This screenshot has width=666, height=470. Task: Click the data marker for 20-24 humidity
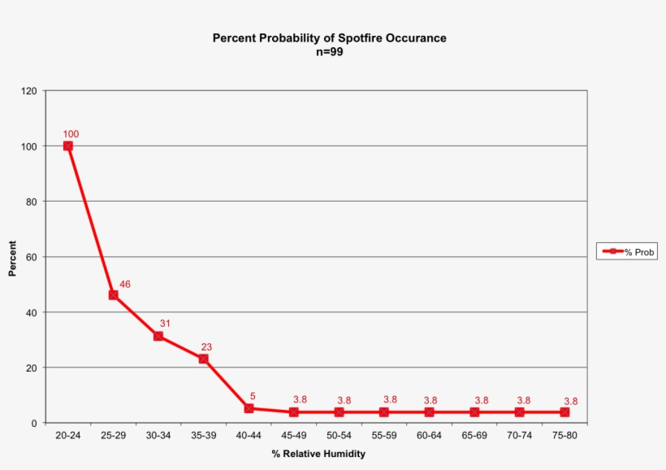click(68, 146)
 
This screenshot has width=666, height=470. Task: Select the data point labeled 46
click(114, 295)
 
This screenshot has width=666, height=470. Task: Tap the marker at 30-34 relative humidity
click(158, 336)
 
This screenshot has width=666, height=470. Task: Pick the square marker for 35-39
click(204, 359)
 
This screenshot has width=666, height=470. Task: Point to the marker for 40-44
click(249, 408)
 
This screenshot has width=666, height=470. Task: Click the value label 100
click(71, 134)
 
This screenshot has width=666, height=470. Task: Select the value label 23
click(206, 347)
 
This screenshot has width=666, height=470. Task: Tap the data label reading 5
click(253, 397)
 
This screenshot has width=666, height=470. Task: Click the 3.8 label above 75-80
click(571, 401)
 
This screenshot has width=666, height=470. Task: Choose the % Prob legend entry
click(626, 252)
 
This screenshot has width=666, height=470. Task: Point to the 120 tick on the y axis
click(29, 91)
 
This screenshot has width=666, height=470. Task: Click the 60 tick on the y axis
click(32, 257)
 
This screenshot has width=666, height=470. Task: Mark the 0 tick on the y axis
click(34, 423)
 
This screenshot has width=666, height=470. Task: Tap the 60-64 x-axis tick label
click(429, 436)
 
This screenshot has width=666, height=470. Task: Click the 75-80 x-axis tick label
click(564, 436)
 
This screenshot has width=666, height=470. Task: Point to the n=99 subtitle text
click(330, 51)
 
